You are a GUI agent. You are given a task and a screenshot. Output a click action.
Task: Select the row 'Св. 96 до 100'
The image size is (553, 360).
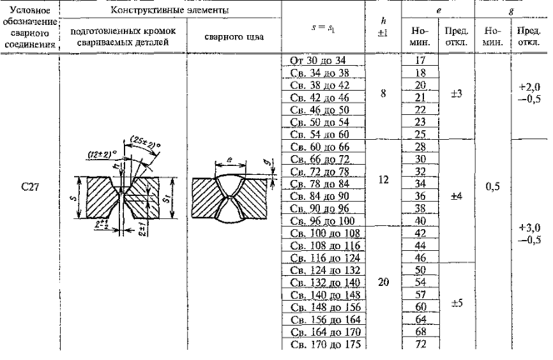pos(318,220)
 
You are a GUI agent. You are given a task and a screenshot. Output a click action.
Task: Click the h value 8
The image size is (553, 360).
pos(382,93)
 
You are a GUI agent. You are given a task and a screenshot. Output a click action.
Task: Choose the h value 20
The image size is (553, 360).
pos(383,282)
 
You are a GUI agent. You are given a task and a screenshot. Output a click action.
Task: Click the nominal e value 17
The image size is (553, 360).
pos(421,62)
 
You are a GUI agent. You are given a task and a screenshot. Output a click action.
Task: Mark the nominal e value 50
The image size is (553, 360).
pos(421,270)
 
